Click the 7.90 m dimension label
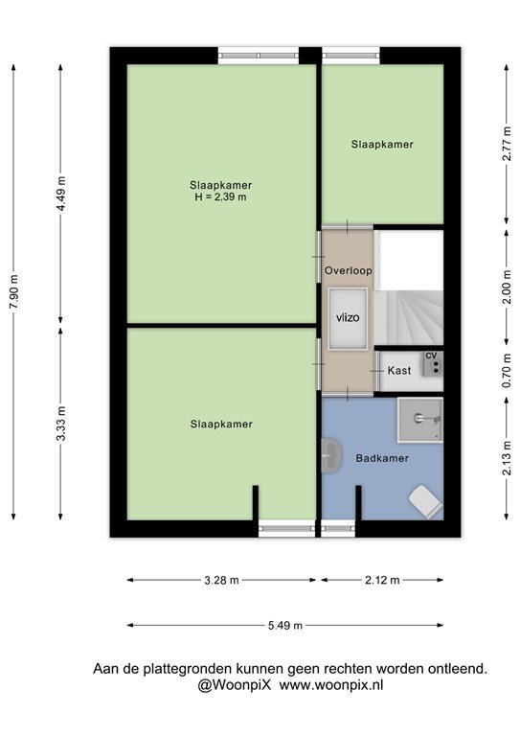[x=14, y=291]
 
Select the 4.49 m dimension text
[x=61, y=193]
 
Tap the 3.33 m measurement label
[x=61, y=424]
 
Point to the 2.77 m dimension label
[x=507, y=144]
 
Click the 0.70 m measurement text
[x=507, y=371]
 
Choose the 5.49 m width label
[x=285, y=625]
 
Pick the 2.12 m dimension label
[x=382, y=580]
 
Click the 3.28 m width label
[x=221, y=580]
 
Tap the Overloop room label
[x=349, y=270]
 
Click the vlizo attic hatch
[x=348, y=319]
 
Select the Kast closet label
[x=399, y=370]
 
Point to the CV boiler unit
[x=433, y=364]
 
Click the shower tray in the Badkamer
[x=420, y=420]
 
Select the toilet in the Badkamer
[x=425, y=501]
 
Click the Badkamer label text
[x=382, y=458]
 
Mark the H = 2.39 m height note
[x=220, y=197]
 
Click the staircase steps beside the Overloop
[x=409, y=318]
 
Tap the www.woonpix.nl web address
[x=331, y=685]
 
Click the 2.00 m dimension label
[x=507, y=287]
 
